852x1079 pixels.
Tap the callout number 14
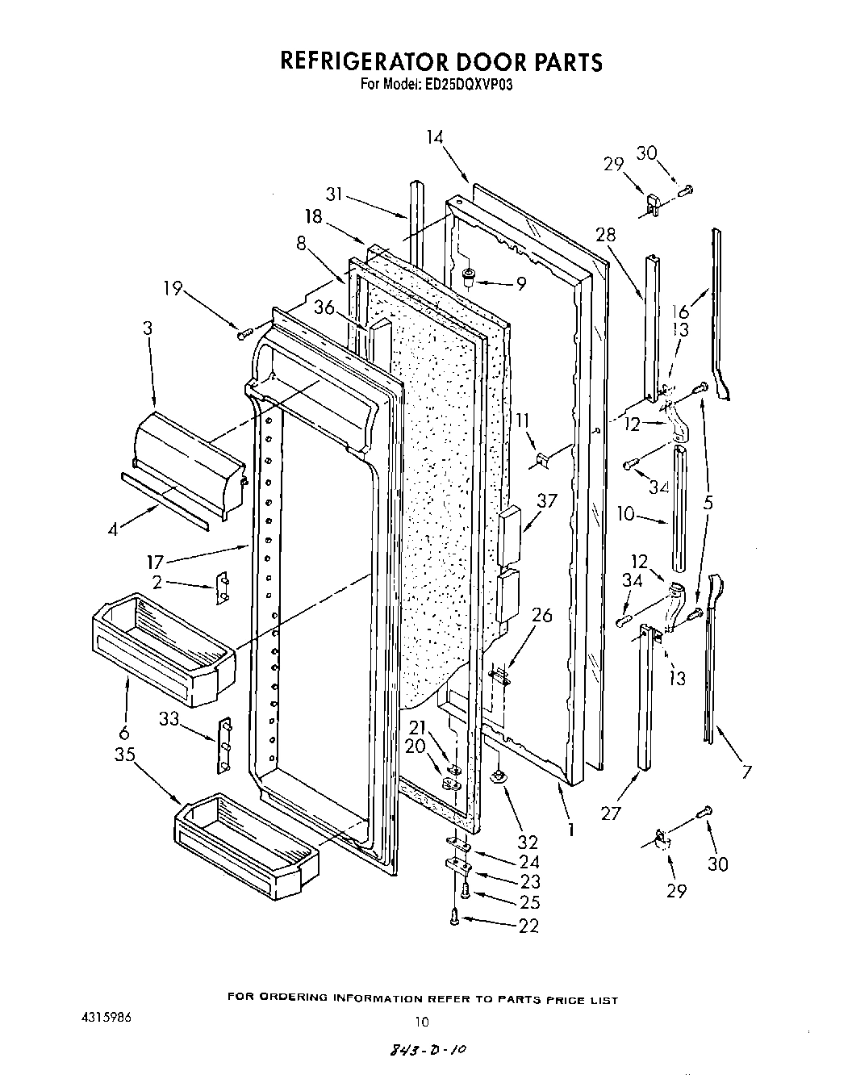click(x=435, y=138)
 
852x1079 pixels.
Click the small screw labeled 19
click(x=245, y=332)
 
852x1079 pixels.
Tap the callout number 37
click(x=547, y=501)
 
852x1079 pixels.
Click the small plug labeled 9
click(x=468, y=279)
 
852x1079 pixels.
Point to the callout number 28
click(x=605, y=235)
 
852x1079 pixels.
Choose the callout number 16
click(x=682, y=312)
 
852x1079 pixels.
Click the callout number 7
click(x=746, y=772)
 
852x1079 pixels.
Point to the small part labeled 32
click(x=498, y=776)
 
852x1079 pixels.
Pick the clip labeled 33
click(x=225, y=744)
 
